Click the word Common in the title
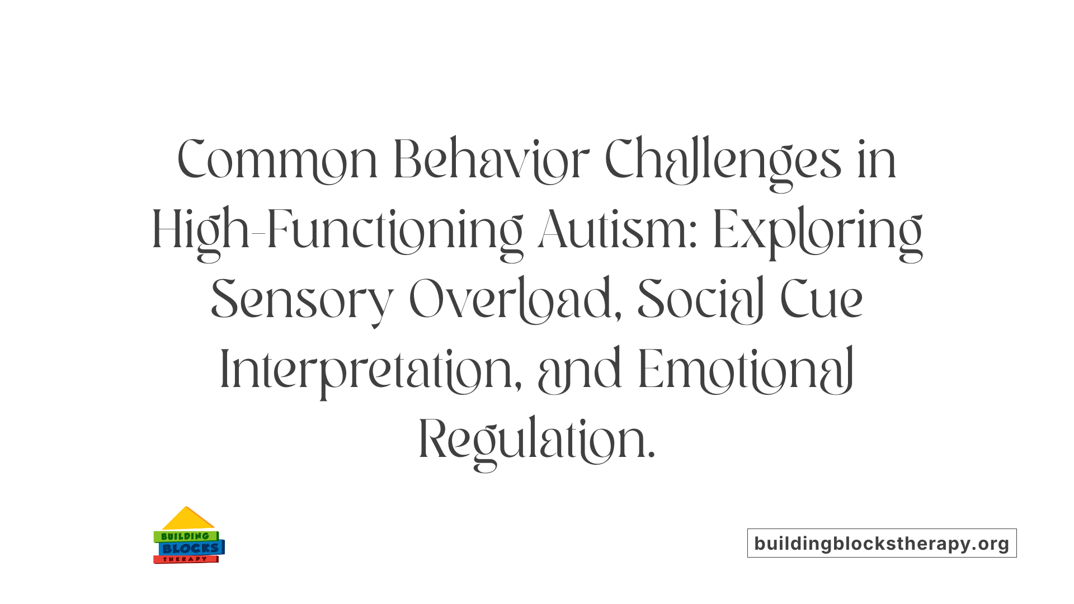(277, 160)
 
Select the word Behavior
(491, 160)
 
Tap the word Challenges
(723, 161)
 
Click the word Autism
(618, 229)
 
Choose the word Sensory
(302, 300)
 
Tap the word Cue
(821, 300)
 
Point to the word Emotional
(746, 369)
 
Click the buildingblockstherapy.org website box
(882, 543)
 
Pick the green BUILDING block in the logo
(185, 536)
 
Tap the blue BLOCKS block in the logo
(191, 548)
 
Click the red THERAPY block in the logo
(185, 559)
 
